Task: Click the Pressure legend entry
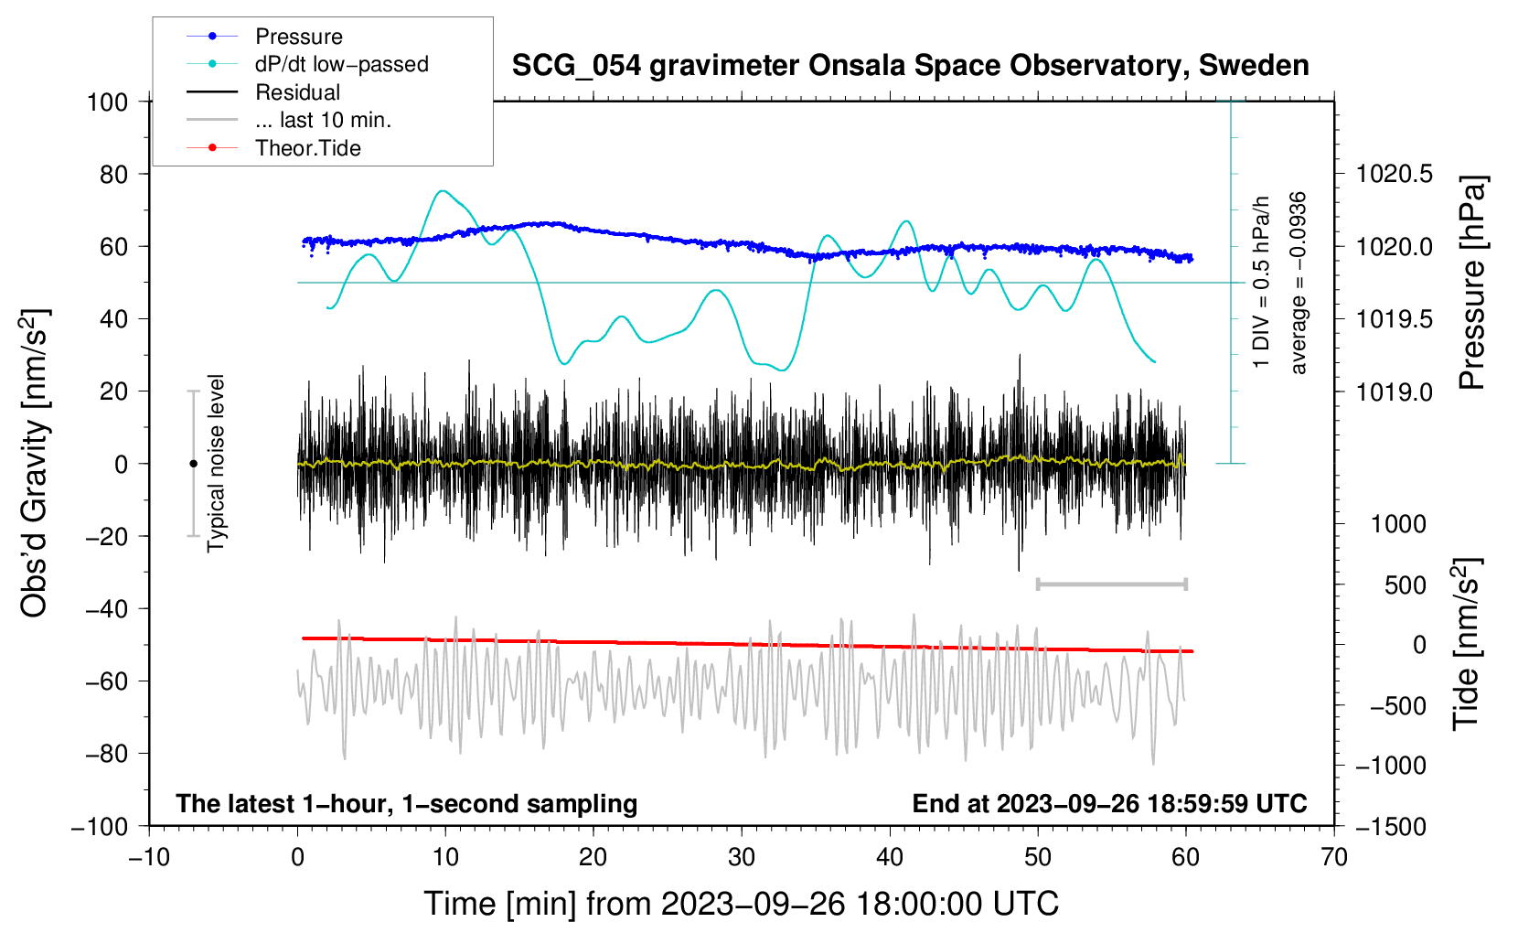coord(298,37)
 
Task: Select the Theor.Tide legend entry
coord(307,148)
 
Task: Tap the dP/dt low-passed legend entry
coord(341,64)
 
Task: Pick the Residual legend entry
coord(297,92)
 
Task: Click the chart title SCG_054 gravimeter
coord(910,66)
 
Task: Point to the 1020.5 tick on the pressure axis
coord(1395,174)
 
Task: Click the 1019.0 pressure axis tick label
coord(1395,391)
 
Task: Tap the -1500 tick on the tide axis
coord(1391,826)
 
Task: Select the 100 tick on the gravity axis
coord(107,102)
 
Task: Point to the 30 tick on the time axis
coord(742,857)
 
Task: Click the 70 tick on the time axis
coord(1334,857)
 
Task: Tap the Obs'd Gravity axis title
coord(34,463)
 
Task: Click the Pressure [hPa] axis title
coord(1471,283)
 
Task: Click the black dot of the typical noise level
coord(193,464)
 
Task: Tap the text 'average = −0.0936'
coord(1299,283)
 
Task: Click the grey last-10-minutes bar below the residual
coord(1111,584)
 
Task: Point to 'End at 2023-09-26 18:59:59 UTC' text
coord(1109,803)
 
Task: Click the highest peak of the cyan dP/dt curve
coord(444,191)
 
